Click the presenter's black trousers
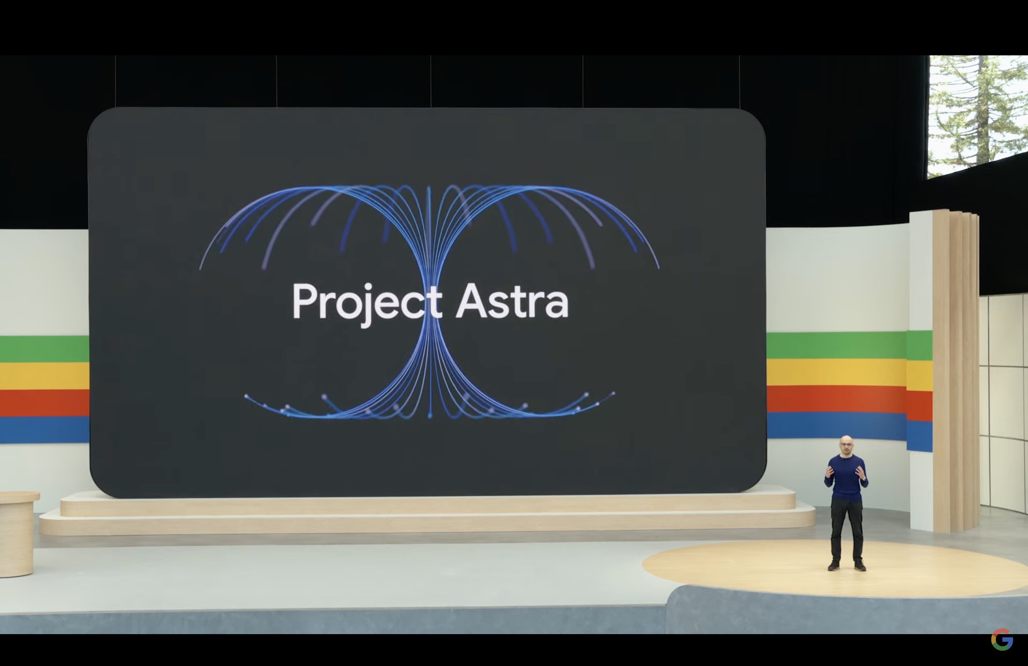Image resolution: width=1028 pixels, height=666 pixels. [x=846, y=530]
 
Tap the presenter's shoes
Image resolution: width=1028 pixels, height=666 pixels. [x=846, y=566]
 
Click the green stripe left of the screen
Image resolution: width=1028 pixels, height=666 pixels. [x=44, y=349]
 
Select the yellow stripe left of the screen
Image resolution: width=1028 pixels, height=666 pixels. [x=44, y=376]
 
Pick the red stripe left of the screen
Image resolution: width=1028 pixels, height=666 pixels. [x=44, y=403]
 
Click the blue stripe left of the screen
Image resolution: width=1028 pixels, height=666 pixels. [x=44, y=430]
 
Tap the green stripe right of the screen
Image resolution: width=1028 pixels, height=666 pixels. [x=849, y=345]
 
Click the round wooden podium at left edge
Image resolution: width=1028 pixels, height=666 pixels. [x=17, y=534]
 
